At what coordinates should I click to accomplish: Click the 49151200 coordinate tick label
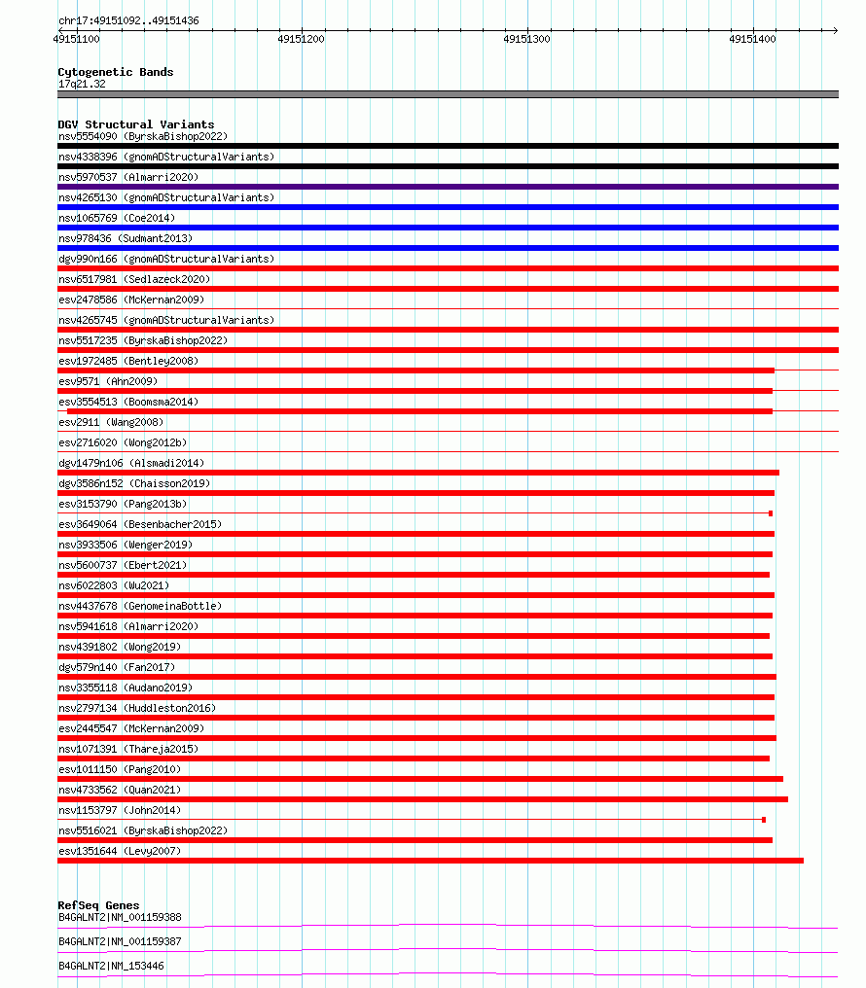pos(301,40)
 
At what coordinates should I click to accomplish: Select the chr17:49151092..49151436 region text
pos(128,20)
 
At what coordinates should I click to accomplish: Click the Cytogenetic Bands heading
pos(115,72)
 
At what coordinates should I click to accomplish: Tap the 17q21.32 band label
pos(82,84)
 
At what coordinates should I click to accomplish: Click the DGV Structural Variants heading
pos(135,124)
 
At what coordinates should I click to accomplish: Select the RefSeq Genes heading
pos(98,905)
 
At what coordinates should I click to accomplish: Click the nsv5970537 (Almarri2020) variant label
pos(127,177)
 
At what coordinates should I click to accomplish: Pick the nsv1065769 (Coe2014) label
pos(116,218)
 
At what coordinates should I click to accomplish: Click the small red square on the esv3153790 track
pos(771,513)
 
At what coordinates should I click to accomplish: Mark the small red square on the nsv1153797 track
pos(764,820)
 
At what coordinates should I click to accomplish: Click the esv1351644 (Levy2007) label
pos(120,851)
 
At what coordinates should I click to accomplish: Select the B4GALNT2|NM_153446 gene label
pos(111,966)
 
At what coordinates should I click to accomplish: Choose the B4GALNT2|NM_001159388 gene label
pos(120,917)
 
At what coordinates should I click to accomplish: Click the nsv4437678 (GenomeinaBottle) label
pos(140,606)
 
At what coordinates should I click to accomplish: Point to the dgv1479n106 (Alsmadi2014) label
pos(131,463)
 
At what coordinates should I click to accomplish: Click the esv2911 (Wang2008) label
pos(111,422)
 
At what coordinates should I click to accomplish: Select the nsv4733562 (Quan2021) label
pos(120,790)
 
